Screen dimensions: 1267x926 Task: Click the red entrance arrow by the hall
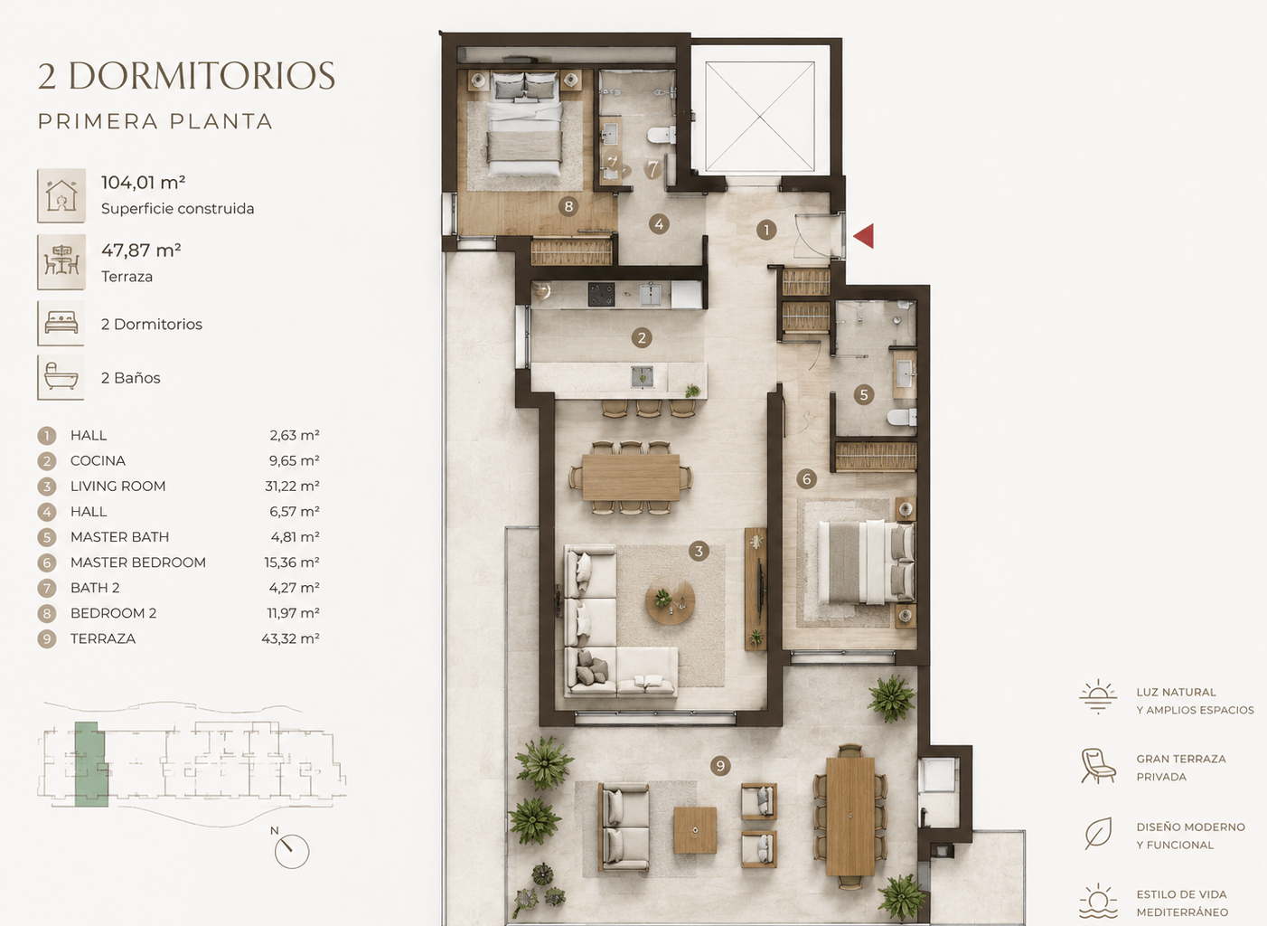tap(864, 235)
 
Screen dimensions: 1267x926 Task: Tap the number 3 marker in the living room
tap(699, 551)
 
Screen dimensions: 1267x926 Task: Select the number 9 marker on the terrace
tap(720, 766)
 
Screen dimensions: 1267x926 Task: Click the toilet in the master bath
tap(902, 418)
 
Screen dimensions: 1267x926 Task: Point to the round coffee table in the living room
tap(671, 601)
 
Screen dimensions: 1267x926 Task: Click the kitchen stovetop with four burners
tap(601, 294)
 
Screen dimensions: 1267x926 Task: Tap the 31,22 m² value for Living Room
tap(292, 487)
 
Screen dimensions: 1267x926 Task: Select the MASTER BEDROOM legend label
tap(138, 562)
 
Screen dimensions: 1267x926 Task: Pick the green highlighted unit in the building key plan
tap(90, 764)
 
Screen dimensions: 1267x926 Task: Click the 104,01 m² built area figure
tap(143, 183)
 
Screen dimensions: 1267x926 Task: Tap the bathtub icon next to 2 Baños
tap(61, 377)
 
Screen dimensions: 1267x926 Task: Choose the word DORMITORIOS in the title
tap(202, 76)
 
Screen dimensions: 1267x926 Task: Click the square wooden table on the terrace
tap(695, 830)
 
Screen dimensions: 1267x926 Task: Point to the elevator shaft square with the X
tap(760, 117)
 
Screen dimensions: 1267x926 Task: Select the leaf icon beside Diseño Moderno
tap(1098, 834)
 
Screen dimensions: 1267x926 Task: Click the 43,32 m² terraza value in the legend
tap(290, 638)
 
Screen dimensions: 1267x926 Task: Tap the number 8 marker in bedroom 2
tap(568, 206)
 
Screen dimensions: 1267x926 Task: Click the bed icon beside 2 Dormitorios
tap(61, 323)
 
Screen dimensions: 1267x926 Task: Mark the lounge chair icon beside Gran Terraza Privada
tap(1098, 766)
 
